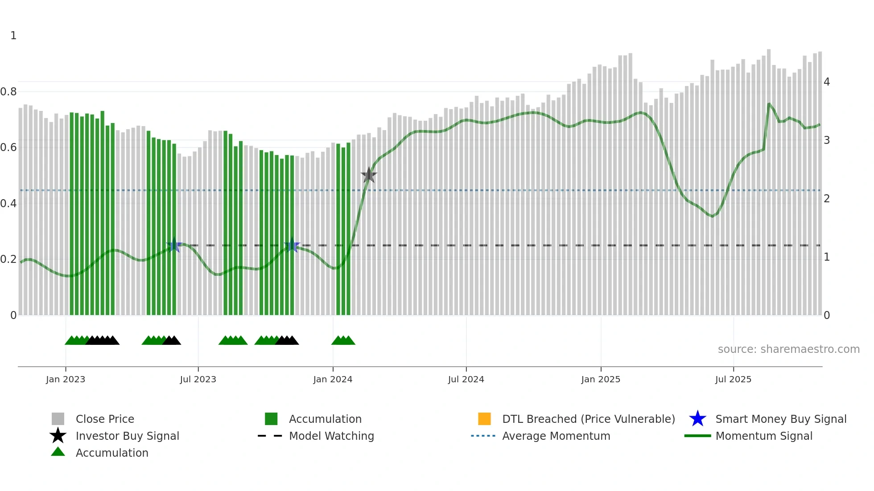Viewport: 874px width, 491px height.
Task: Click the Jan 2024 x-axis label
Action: pyautogui.click(x=333, y=379)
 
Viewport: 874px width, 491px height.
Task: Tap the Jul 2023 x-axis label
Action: pyautogui.click(x=198, y=379)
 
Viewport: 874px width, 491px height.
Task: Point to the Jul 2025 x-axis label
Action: pyautogui.click(x=733, y=379)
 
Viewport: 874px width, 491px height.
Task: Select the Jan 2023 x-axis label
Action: pyautogui.click(x=66, y=379)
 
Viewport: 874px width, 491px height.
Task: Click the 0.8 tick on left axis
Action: pyautogui.click(x=8, y=92)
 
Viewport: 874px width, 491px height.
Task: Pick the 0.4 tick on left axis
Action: pyautogui.click(x=8, y=204)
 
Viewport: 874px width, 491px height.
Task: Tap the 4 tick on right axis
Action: pyautogui.click(x=827, y=82)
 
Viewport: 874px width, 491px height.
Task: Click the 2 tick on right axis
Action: pyautogui.click(x=827, y=199)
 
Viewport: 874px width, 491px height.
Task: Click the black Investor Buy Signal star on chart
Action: pyautogui.click(x=369, y=175)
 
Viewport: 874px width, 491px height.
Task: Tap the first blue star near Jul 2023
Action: pyautogui.click(x=174, y=245)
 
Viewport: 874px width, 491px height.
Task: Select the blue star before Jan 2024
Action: pyautogui.click(x=292, y=245)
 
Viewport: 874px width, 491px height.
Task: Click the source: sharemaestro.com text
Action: pyautogui.click(x=788, y=349)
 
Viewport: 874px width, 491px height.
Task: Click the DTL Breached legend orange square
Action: pyautogui.click(x=484, y=419)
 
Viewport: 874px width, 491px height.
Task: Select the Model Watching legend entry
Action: pyautogui.click(x=331, y=436)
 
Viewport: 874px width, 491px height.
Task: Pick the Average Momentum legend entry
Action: pyautogui.click(x=556, y=436)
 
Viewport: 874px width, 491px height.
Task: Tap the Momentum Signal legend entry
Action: pyautogui.click(x=763, y=436)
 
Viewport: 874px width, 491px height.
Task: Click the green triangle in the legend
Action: pyautogui.click(x=58, y=452)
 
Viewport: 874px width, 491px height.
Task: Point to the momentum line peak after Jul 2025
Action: pyautogui.click(x=769, y=104)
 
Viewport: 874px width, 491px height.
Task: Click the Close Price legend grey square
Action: pyautogui.click(x=58, y=419)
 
